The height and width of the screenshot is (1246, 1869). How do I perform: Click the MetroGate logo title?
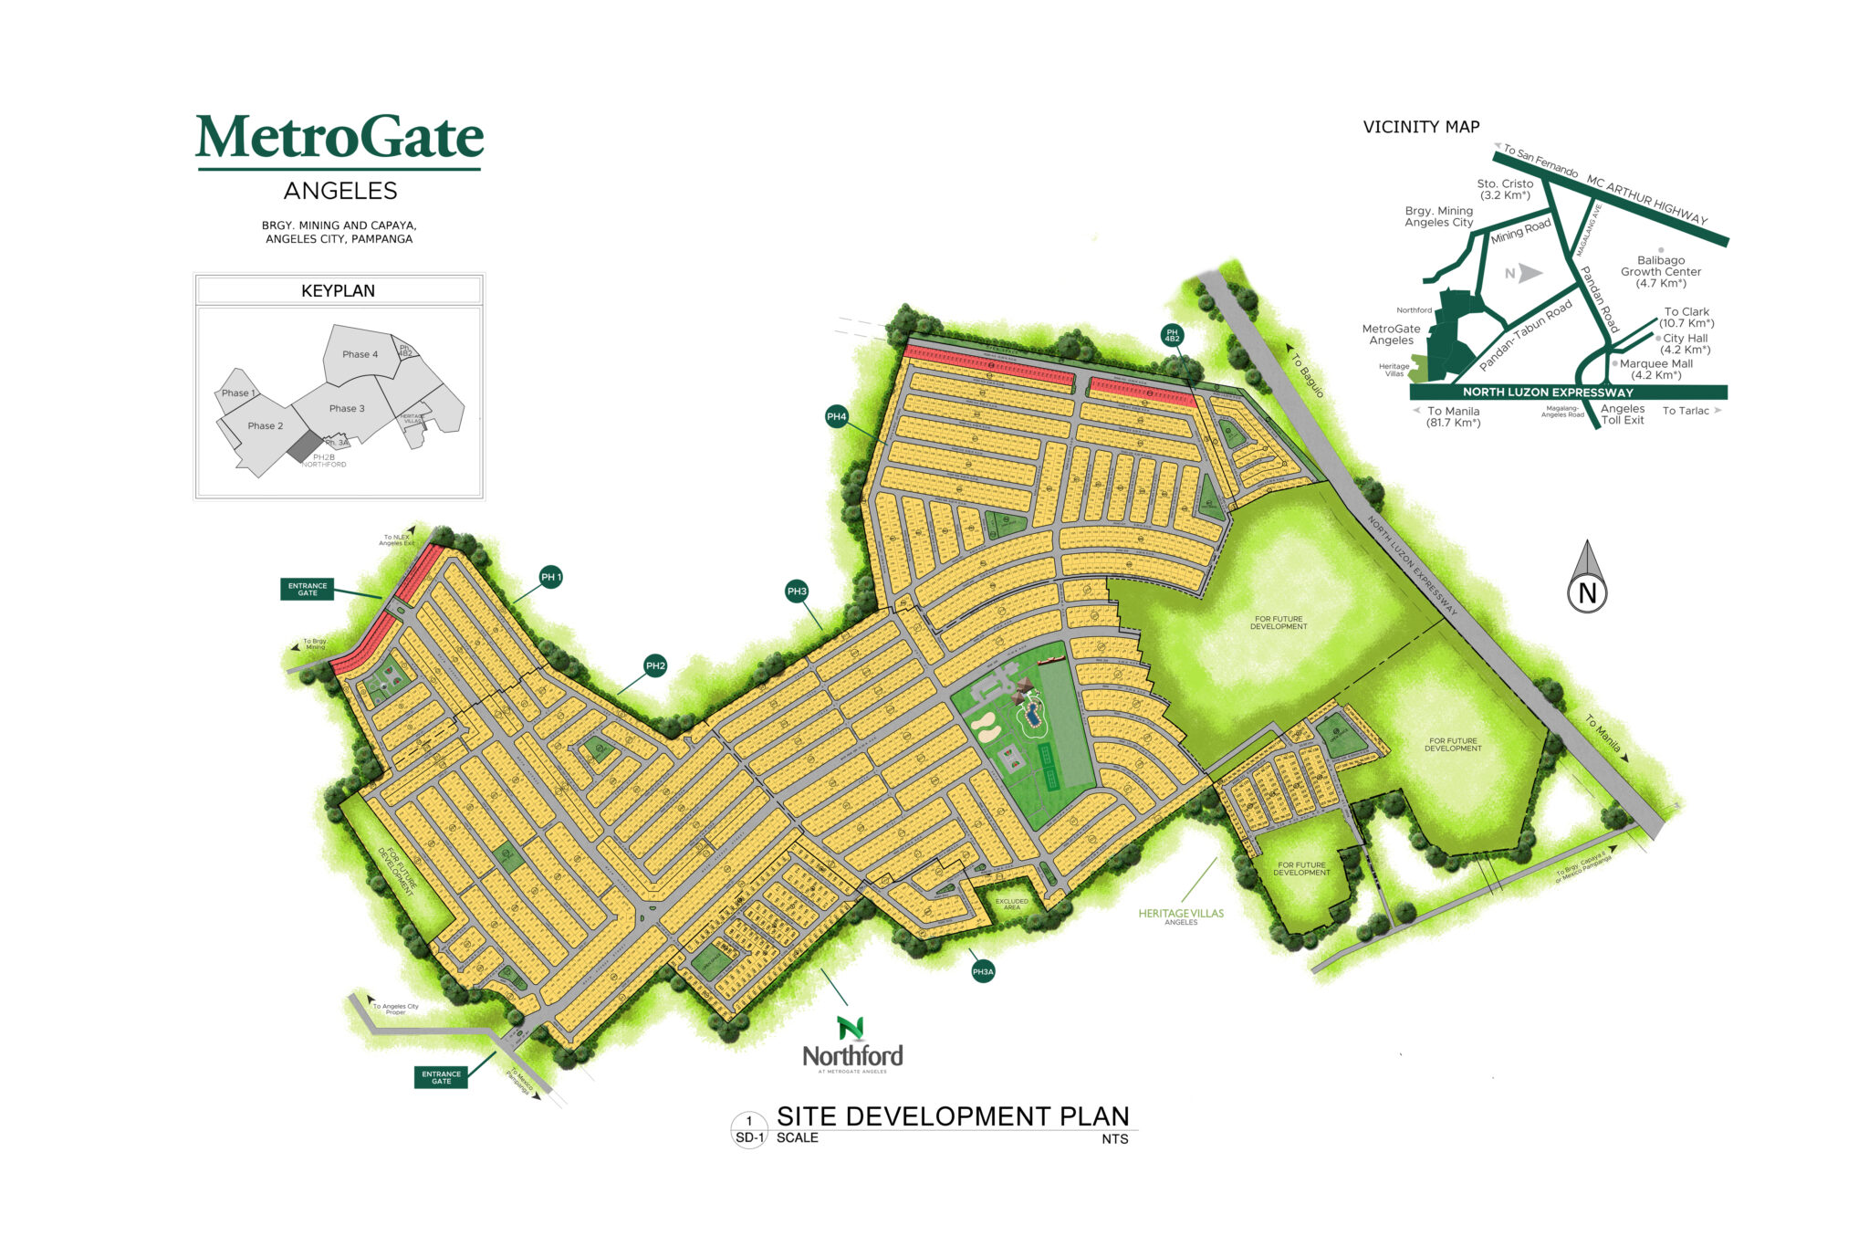[x=339, y=138]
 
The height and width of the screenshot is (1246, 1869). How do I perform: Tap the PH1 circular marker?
[x=550, y=577]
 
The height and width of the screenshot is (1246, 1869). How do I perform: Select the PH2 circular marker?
[x=655, y=665]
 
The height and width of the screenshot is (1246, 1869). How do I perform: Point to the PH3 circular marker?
[x=797, y=592]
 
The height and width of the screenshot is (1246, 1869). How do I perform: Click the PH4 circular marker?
[x=837, y=416]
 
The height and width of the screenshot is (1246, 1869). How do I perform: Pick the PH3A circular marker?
[x=983, y=972]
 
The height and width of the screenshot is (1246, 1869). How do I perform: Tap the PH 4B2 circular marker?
[x=1172, y=335]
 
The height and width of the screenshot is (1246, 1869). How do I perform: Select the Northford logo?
[x=852, y=1045]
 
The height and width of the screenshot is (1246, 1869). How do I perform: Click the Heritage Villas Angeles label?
[x=1181, y=916]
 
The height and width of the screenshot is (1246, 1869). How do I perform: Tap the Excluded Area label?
[x=1011, y=904]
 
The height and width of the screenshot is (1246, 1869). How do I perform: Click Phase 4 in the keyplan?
[x=360, y=354]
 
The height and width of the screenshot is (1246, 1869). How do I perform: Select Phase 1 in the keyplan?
[x=238, y=393]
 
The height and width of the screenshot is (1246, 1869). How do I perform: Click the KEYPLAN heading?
[x=339, y=290]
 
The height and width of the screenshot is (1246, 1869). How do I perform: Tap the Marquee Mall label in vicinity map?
[x=1655, y=369]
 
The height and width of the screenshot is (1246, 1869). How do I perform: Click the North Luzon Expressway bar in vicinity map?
[x=1568, y=393]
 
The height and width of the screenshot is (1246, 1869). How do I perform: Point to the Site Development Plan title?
[x=953, y=1116]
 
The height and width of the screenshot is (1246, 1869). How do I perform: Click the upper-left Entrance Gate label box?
[x=308, y=589]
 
